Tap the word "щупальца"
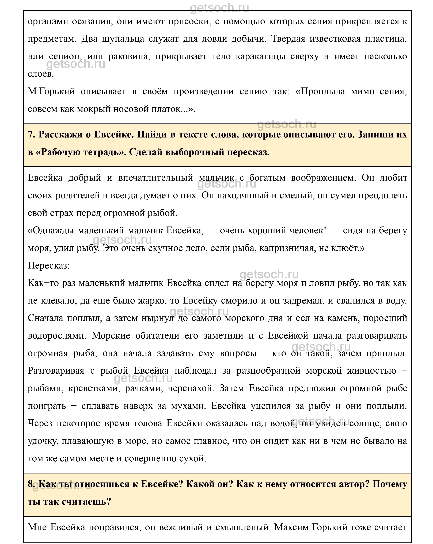pos(123,39)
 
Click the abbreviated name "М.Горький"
pos(51,91)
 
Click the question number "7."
pos(32,135)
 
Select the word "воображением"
pos(323,178)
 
